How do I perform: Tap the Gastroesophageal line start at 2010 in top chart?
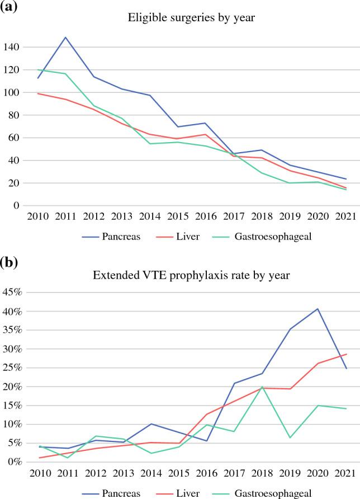(38, 70)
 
